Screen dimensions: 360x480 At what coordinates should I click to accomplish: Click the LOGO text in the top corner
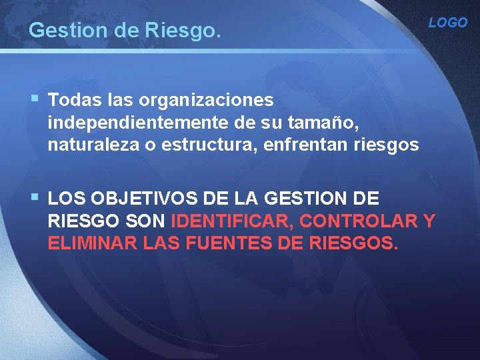[447, 23]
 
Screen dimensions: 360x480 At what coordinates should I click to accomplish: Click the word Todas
[74, 100]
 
